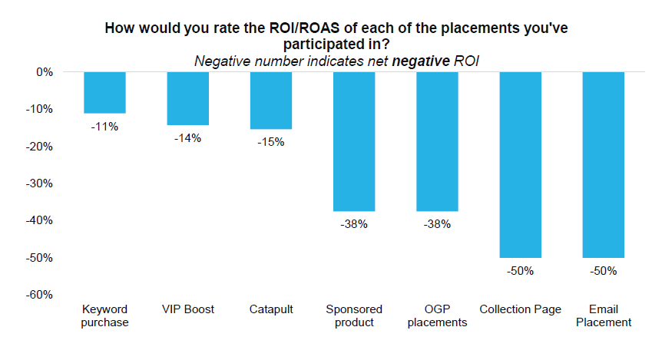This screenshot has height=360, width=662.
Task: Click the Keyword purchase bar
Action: [x=104, y=93]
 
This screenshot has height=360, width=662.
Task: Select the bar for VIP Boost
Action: [x=188, y=98]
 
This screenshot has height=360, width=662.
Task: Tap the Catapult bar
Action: [x=271, y=101]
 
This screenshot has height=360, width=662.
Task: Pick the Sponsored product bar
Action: [x=354, y=141]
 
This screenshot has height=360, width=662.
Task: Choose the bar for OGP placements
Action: [x=437, y=141]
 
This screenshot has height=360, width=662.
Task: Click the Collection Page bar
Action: [x=520, y=164]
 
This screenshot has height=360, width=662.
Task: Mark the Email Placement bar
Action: [x=604, y=164]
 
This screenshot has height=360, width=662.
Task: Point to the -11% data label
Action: [x=104, y=127]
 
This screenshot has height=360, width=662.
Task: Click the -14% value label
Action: [x=188, y=138]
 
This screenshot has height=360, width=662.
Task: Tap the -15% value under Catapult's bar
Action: [x=271, y=142]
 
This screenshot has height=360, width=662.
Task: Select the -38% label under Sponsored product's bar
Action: [x=354, y=225]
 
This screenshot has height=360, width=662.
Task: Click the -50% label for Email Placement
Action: [x=604, y=271]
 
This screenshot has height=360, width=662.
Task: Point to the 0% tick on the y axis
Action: [x=43, y=72]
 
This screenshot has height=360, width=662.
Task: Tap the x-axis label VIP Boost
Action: [x=188, y=309]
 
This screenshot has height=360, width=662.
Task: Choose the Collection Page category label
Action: [x=520, y=309]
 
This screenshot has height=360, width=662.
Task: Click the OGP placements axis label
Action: [x=437, y=315]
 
